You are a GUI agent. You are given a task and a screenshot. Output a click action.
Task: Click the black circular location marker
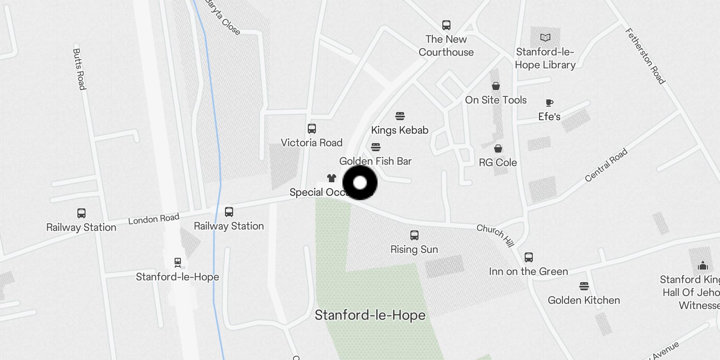point(360,183)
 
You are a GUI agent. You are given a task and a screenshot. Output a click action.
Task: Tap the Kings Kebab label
point(400,130)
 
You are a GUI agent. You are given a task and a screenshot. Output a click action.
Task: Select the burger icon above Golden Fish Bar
point(376,147)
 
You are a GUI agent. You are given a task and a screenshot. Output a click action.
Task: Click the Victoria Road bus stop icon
point(311,129)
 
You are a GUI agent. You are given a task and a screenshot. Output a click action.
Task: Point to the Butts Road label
point(79,69)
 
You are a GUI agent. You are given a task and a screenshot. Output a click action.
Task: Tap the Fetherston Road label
point(645,56)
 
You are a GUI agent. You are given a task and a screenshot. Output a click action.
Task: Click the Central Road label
point(606,165)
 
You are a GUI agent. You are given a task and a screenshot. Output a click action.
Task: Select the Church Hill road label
point(495,235)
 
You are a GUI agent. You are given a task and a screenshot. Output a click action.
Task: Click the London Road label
point(153,219)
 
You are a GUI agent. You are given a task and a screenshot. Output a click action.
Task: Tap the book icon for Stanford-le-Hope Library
point(545,38)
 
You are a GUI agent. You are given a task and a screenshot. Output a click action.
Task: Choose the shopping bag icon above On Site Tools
point(495,86)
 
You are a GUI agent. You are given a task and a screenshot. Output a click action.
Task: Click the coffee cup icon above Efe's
point(549,103)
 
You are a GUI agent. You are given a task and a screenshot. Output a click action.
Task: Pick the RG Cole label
point(498,162)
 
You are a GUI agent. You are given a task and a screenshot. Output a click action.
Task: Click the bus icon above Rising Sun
point(414,235)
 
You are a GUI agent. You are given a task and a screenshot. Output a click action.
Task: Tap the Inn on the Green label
point(528,271)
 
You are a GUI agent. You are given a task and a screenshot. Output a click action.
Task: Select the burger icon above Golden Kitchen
point(584,286)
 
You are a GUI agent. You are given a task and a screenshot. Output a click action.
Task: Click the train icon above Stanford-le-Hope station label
point(177,262)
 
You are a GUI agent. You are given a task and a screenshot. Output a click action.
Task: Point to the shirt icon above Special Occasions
point(332,178)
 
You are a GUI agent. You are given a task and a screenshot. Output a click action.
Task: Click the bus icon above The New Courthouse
point(446,25)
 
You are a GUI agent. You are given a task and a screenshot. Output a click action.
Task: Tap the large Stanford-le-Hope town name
point(370,315)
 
